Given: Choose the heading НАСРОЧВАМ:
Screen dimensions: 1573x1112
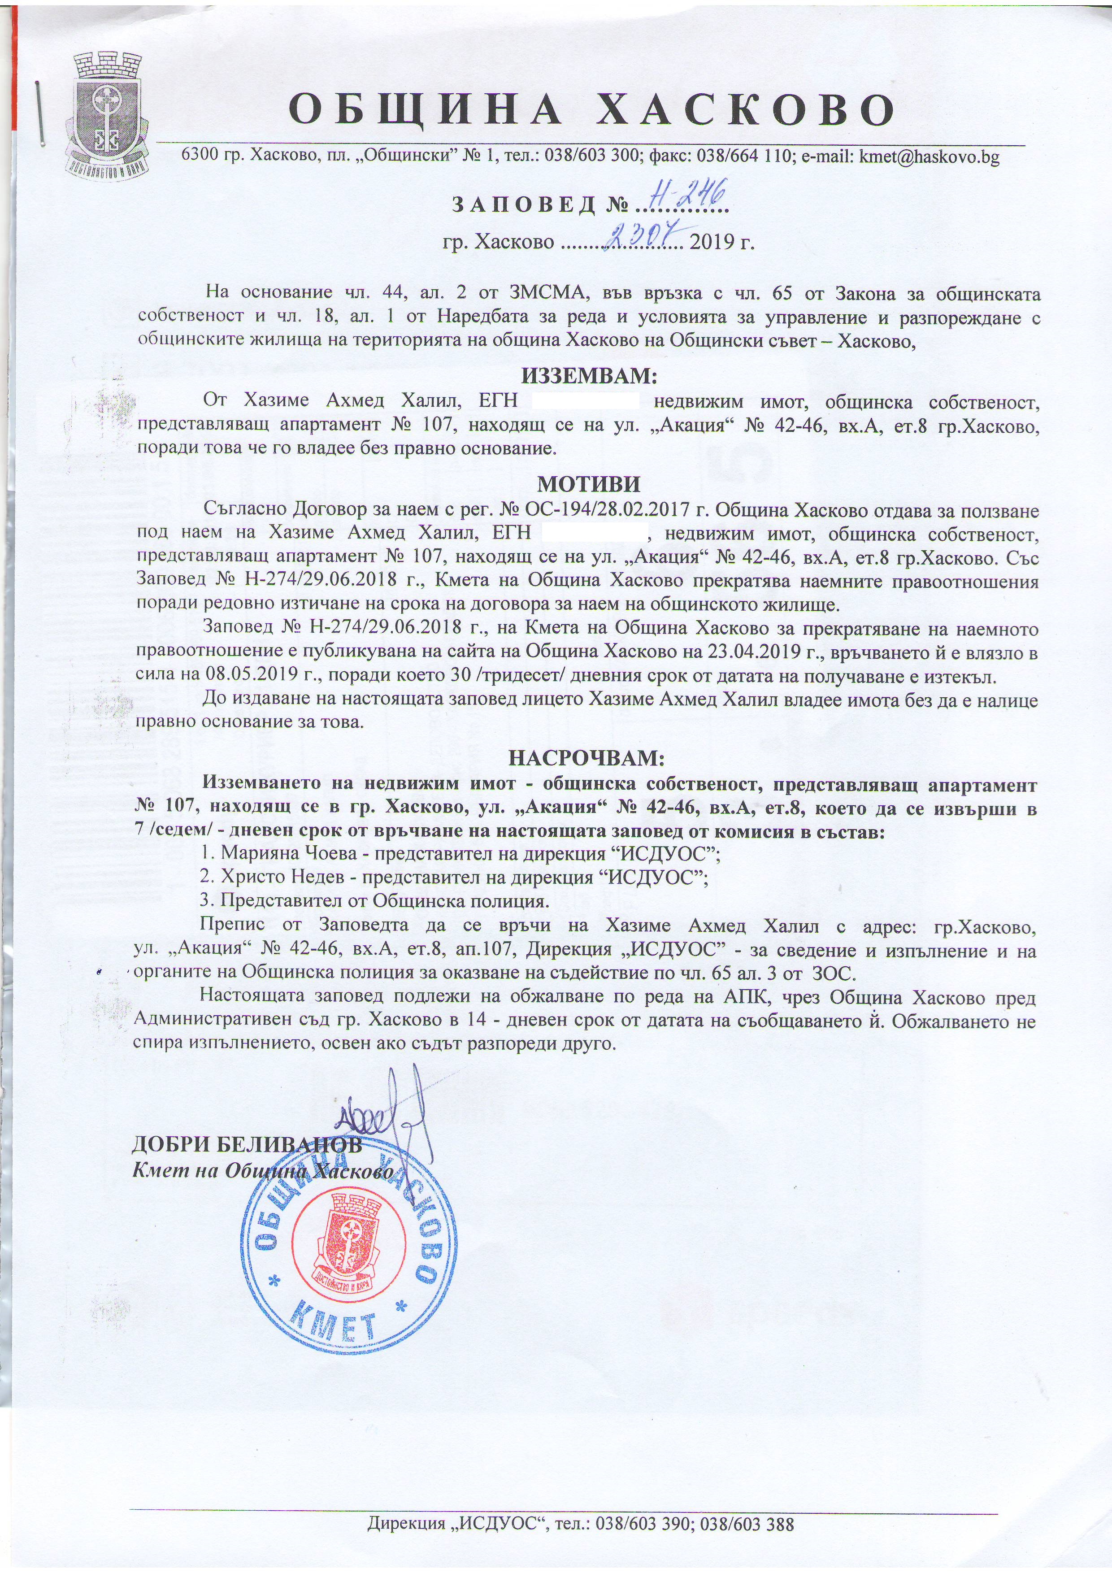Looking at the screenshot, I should point(586,758).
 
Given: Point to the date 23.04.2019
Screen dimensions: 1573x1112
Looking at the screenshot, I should point(738,653).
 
